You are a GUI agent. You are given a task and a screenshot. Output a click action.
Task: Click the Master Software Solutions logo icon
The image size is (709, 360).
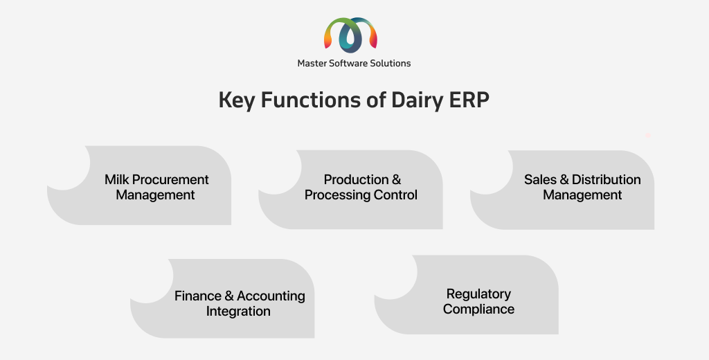click(350, 33)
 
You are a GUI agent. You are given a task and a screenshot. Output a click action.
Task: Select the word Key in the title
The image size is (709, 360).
click(237, 100)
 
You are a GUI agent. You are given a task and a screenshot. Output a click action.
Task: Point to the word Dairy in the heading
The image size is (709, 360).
click(416, 100)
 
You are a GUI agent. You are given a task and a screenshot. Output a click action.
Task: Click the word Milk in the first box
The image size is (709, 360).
click(116, 179)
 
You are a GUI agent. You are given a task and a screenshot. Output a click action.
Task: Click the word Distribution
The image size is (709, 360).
click(607, 179)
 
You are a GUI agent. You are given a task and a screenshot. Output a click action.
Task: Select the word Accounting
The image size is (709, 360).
click(271, 296)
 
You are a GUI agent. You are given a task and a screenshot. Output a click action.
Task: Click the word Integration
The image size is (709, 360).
click(238, 311)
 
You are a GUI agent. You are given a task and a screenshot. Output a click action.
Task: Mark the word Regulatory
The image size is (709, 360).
click(478, 294)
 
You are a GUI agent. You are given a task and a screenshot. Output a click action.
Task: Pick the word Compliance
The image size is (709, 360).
click(478, 309)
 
